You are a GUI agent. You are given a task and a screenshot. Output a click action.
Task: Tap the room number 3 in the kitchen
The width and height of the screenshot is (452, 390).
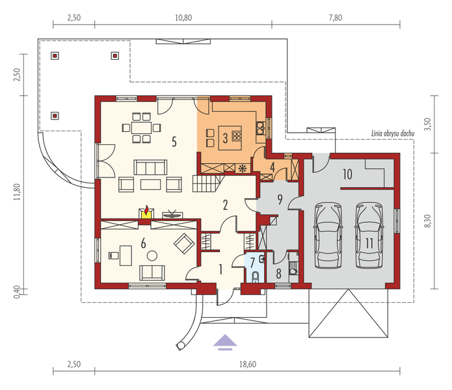pos(225,138)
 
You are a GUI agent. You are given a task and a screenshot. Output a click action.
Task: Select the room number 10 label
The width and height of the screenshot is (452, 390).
pos(347,174)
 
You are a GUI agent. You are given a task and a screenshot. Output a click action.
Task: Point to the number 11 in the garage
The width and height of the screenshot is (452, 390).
pos(369,243)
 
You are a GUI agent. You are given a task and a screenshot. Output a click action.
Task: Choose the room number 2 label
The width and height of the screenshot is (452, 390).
pos(224,205)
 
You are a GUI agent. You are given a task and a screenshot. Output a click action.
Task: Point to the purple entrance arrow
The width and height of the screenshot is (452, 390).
pos(224,342)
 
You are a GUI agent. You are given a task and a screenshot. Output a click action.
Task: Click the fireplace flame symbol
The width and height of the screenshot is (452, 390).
pos(147,211)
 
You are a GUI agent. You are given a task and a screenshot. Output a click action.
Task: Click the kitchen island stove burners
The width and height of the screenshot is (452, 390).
pos(236,136)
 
